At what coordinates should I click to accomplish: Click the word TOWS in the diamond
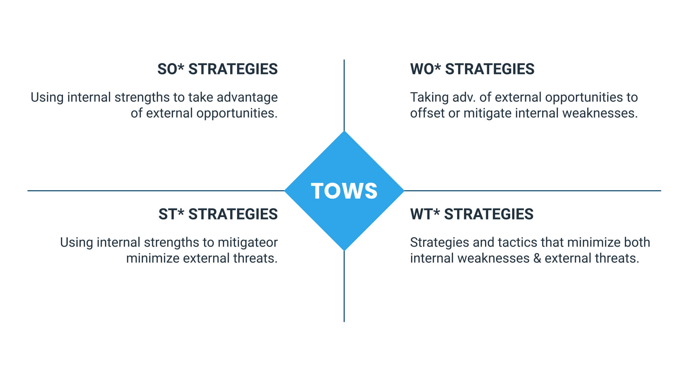[x=344, y=191]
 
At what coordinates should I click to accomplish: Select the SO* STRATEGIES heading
[x=217, y=69]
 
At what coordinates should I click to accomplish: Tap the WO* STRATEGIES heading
[x=472, y=69]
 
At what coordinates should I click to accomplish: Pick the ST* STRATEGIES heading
[x=218, y=214]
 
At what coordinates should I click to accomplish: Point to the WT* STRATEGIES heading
[x=472, y=214]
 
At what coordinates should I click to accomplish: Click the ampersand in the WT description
[x=537, y=258]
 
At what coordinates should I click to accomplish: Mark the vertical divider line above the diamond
[x=344, y=95]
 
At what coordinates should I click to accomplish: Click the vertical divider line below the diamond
[x=344, y=286]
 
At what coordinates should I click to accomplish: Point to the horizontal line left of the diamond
[x=156, y=191]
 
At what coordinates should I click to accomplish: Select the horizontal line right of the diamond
[x=533, y=191]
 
